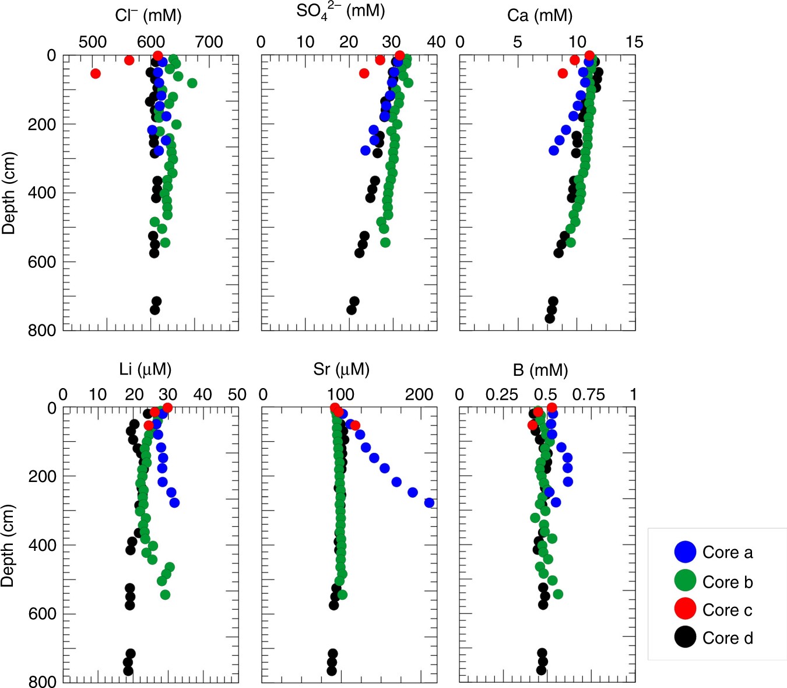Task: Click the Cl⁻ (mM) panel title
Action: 148,15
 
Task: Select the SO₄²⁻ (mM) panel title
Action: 340,12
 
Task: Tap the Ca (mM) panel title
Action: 540,15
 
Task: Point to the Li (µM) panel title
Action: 145,369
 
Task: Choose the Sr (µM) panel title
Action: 341,369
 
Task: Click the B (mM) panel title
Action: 540,369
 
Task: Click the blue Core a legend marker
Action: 685,552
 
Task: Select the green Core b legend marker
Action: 685,581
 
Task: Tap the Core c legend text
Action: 728,610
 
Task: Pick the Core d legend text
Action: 728,638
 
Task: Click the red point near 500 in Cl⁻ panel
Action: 95,74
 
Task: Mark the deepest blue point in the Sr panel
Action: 429,503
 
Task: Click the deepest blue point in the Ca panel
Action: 554,151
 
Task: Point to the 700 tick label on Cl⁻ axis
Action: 209,42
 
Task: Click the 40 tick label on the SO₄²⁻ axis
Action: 436,42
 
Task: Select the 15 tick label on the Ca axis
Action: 634,42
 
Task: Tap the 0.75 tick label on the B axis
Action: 588,395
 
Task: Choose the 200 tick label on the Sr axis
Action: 419,395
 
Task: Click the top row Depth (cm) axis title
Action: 9,193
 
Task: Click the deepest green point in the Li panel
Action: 165,595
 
